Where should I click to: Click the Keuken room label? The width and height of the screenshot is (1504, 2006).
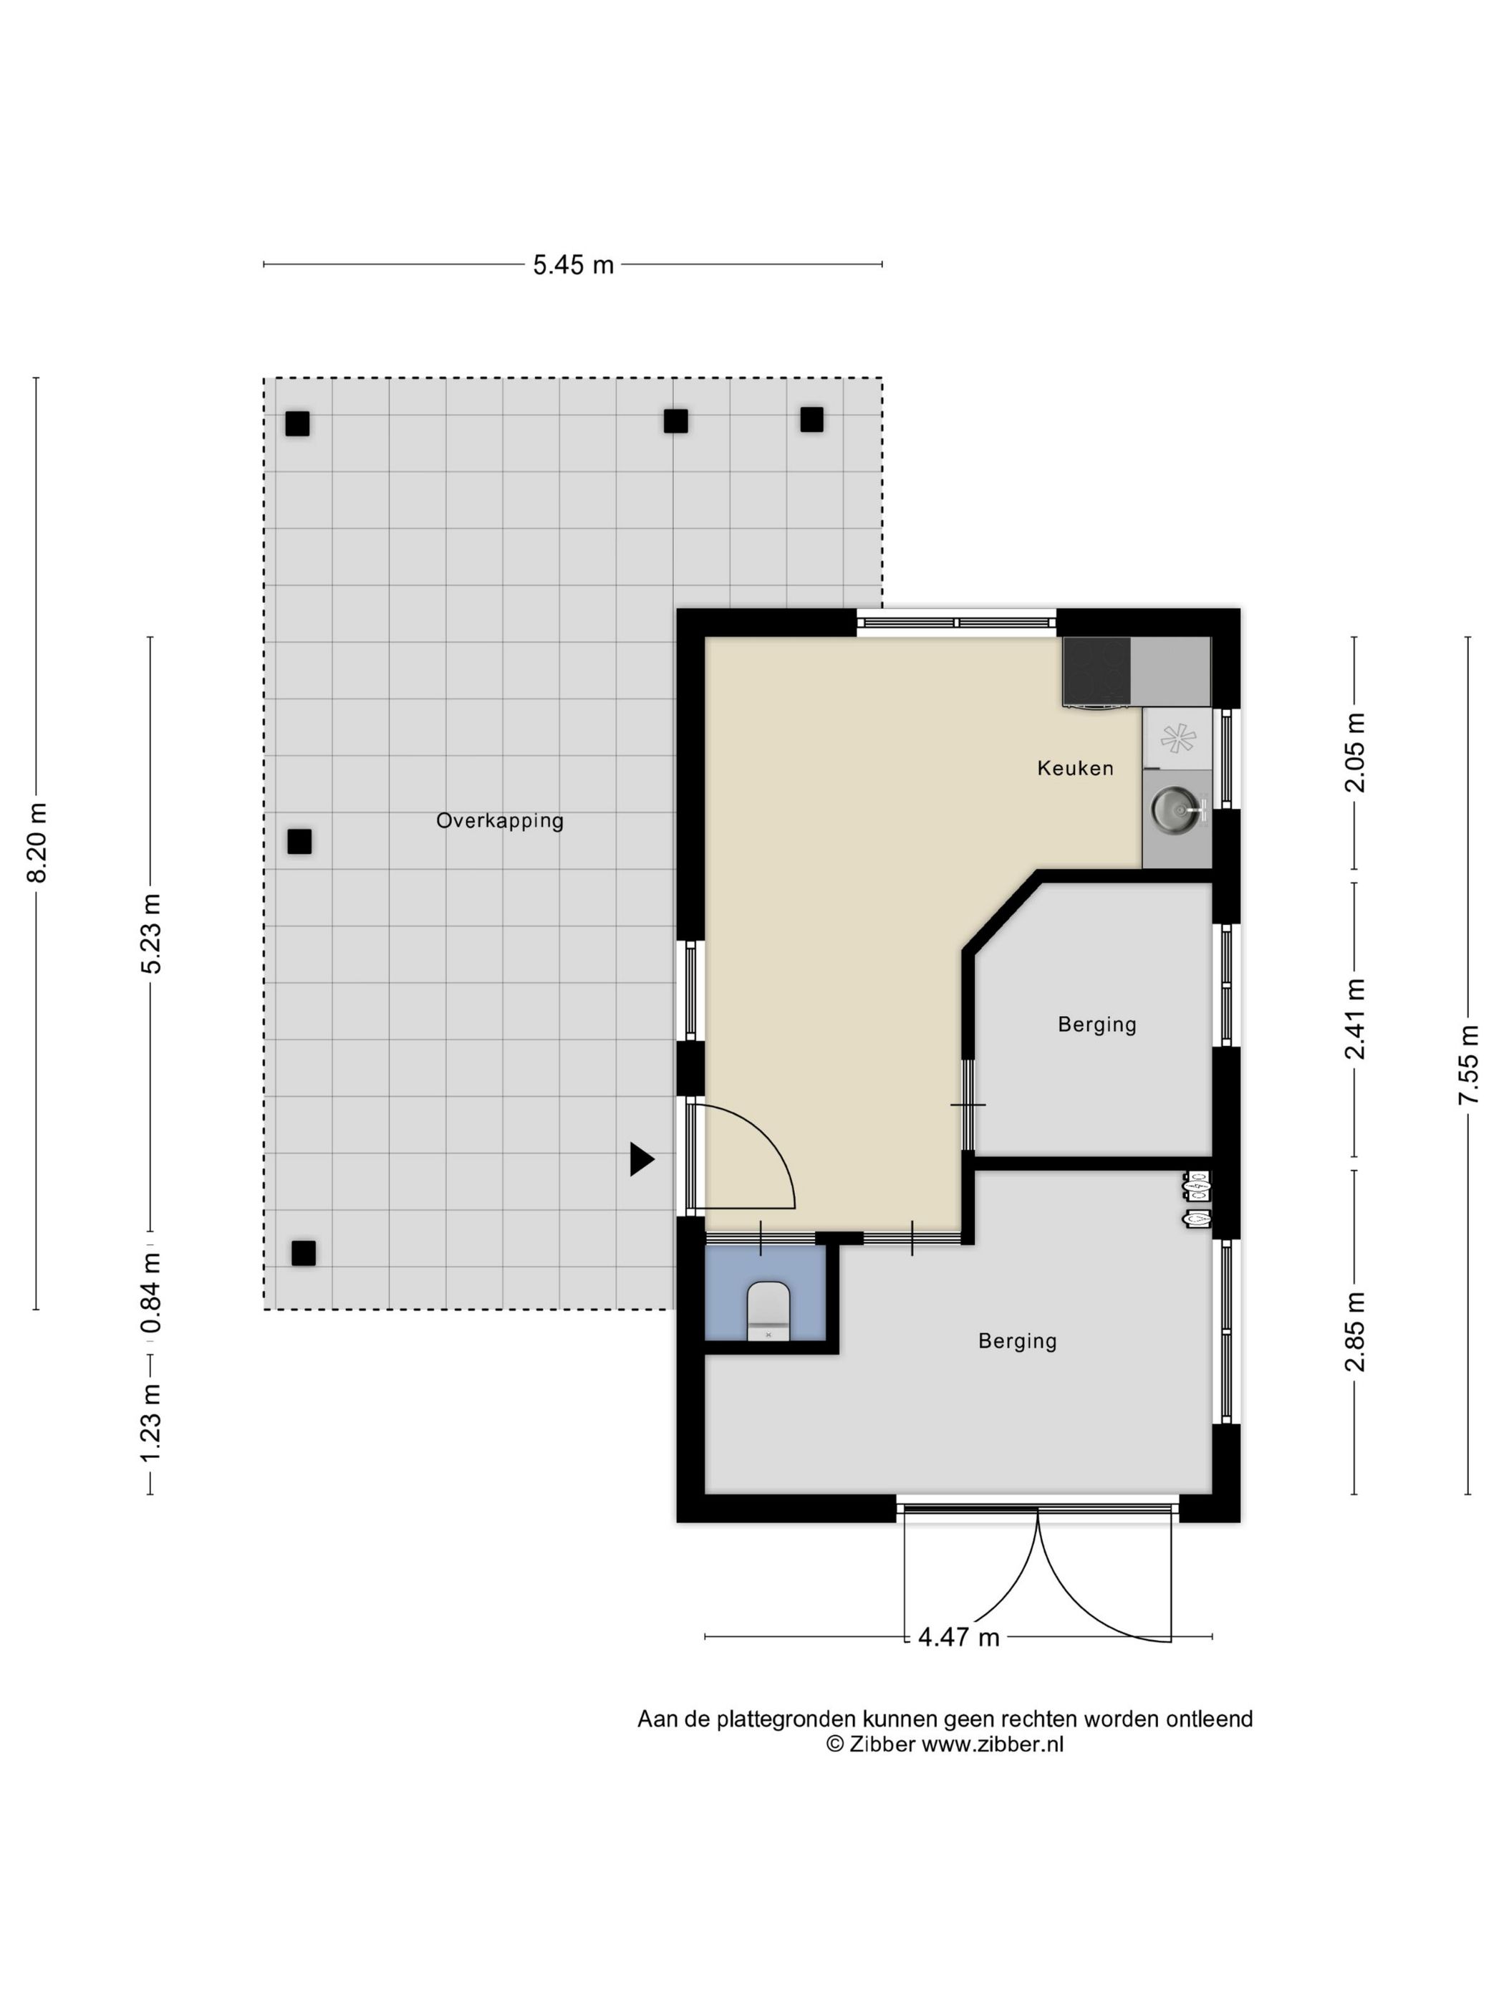1075,768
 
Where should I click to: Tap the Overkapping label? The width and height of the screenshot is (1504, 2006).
499,821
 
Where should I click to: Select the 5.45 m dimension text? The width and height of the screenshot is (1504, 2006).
573,265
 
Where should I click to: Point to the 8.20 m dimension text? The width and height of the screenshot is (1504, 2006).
37,843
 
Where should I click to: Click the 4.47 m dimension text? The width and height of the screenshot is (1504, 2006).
958,1637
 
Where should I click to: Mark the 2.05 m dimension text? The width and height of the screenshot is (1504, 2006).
1354,753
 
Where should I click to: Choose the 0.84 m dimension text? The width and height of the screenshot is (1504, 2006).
151,1294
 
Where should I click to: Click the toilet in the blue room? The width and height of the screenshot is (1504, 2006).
768,1311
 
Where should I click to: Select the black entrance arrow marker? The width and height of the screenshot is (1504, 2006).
642,1159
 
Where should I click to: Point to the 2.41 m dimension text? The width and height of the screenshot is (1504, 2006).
1354,1019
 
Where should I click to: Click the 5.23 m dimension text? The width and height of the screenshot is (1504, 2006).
151,934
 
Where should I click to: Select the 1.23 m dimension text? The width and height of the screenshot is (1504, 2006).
151,1422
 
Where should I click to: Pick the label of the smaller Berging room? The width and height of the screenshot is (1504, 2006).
1097,1024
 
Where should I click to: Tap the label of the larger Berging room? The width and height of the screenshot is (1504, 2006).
1017,1341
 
